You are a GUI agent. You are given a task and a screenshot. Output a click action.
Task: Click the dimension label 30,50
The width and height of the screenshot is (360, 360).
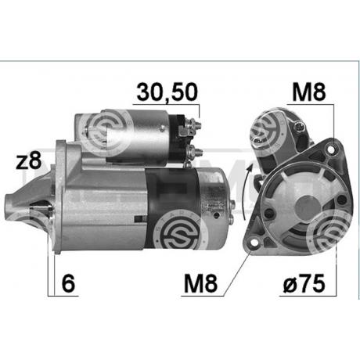167,92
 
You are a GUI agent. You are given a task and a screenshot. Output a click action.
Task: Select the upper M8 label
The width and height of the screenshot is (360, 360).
309,92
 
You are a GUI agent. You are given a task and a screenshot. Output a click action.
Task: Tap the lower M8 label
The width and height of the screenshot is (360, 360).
200,283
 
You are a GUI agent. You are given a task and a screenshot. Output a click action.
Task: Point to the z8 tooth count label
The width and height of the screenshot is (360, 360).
29,160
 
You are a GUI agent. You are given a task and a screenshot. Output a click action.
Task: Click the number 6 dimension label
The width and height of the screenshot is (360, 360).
68,283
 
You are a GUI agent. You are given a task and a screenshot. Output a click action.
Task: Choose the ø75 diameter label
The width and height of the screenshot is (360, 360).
304,283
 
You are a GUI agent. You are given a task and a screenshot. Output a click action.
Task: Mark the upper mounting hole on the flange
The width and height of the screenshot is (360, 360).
331,149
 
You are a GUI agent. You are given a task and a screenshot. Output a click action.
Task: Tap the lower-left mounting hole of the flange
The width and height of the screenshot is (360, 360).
253,243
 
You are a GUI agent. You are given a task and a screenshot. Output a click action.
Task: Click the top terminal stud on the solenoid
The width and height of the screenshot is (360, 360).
196,124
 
